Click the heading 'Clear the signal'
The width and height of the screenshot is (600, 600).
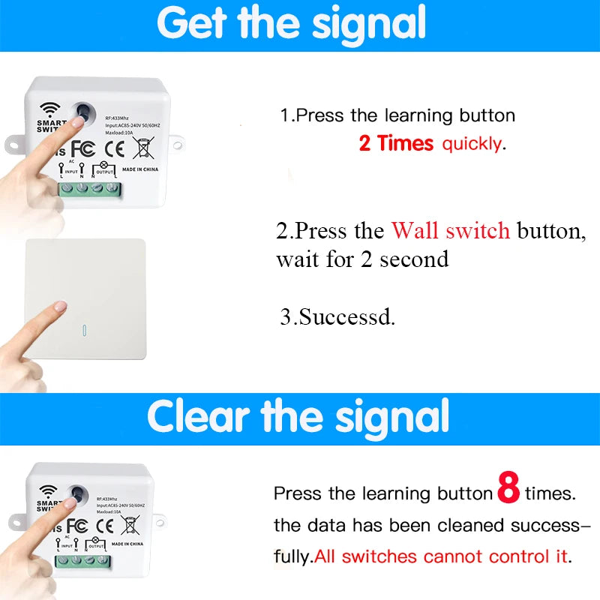pos(298,417)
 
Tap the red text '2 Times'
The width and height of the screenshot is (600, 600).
pos(396,143)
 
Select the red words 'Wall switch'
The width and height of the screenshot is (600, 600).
pos(451,231)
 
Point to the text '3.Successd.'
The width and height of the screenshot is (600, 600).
pos(337,316)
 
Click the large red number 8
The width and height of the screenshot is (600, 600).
pos(508,488)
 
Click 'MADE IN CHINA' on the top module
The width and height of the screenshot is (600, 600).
pos(140,169)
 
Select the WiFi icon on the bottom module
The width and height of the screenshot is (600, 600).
pos(50,491)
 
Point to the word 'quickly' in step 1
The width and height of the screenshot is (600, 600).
pos(472,143)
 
